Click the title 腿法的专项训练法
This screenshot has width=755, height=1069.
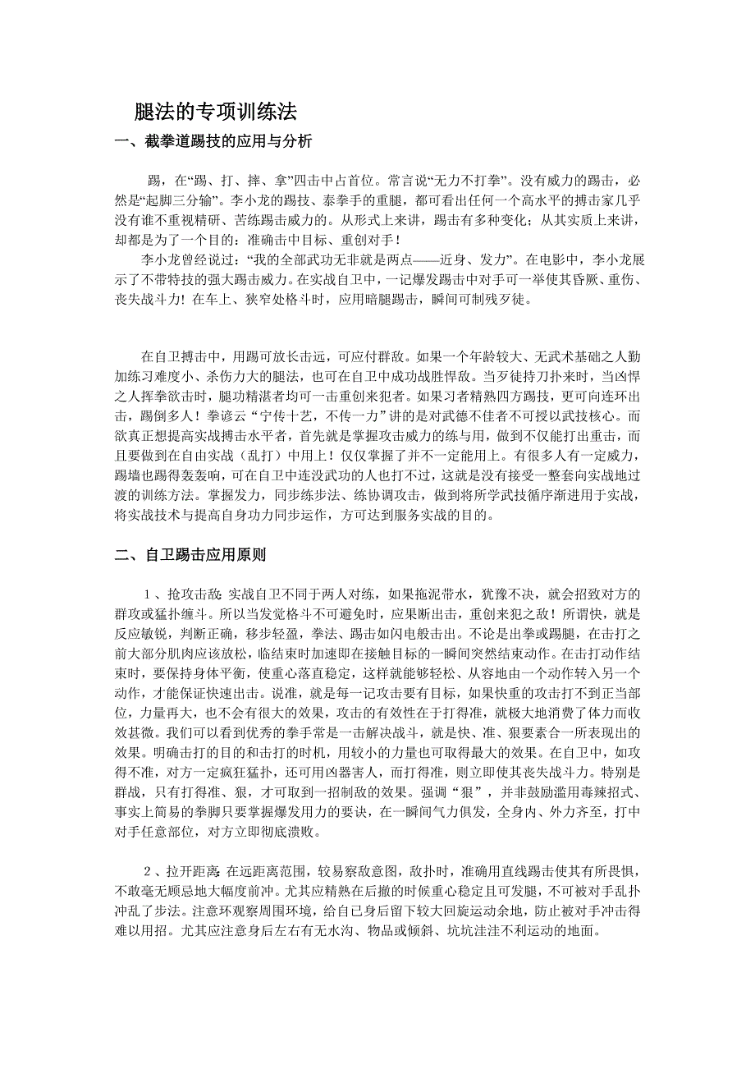point(215,111)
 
